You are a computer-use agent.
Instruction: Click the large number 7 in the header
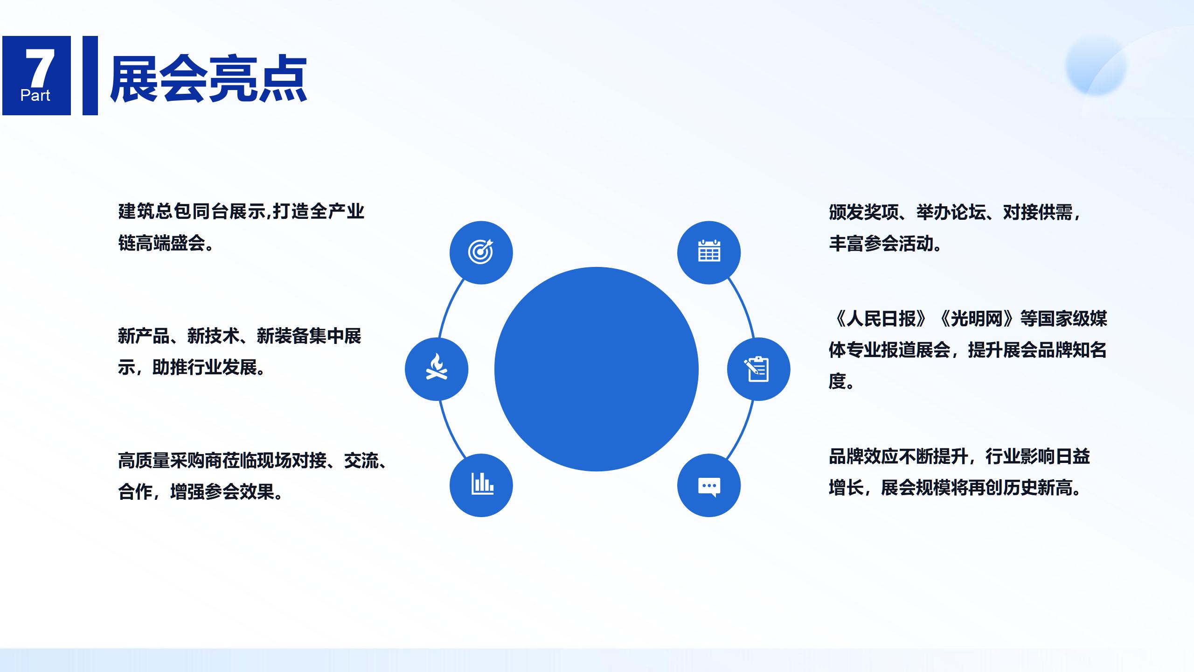pyautogui.click(x=40, y=68)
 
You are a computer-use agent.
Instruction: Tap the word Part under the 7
pyautogui.click(x=35, y=96)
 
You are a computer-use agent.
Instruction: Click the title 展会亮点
pyautogui.click(x=208, y=78)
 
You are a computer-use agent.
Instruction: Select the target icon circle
pyautogui.click(x=481, y=252)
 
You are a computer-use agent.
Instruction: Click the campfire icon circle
pyautogui.click(x=437, y=369)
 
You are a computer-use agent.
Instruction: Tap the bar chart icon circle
pyautogui.click(x=481, y=485)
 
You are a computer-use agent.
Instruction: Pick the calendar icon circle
pyautogui.click(x=709, y=252)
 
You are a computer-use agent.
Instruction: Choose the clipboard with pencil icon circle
pyautogui.click(x=758, y=369)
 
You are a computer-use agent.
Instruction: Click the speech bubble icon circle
pyautogui.click(x=709, y=485)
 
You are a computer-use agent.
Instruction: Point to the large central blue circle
pyautogui.click(x=596, y=369)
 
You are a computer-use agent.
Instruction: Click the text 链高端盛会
pyautogui.click(x=161, y=243)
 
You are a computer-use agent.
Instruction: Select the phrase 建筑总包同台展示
pyautogui.click(x=192, y=211)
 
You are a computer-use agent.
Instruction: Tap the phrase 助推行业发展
pyautogui.click(x=204, y=367)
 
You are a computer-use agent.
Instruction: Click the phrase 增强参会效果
pyautogui.click(x=222, y=492)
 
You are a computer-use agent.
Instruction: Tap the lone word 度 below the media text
pyautogui.click(x=837, y=381)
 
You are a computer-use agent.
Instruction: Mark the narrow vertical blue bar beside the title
pyautogui.click(x=90, y=75)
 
